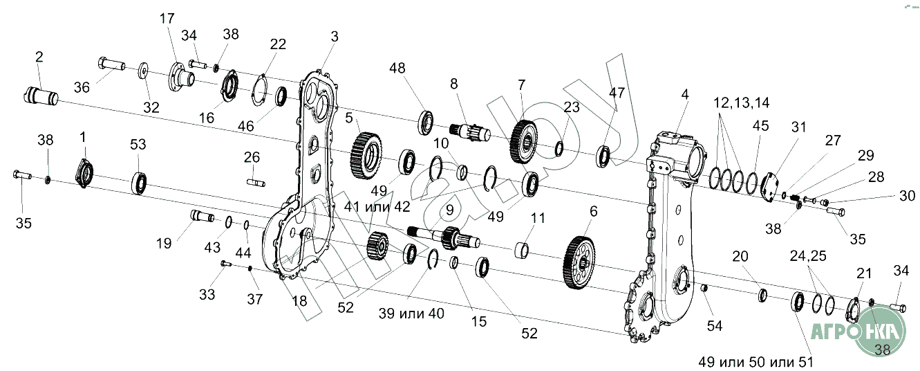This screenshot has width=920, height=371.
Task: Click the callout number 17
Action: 167,19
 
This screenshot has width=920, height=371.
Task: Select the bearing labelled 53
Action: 141,181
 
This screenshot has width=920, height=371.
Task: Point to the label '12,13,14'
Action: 742,102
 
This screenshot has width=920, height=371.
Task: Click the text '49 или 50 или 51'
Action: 755,362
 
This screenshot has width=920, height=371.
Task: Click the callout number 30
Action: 907,196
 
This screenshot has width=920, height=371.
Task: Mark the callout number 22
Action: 278,45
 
